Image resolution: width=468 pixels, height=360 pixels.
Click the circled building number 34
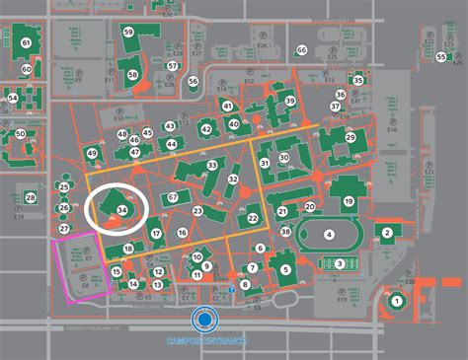[121, 210]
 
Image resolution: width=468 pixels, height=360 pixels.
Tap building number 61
[26, 43]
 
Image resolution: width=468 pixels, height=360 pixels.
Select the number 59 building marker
[128, 33]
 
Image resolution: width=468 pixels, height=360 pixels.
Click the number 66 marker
[301, 50]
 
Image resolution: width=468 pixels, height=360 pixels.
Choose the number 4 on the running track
[329, 234]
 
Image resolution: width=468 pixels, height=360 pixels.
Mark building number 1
[397, 300]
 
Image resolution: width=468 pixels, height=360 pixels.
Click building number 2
[388, 233]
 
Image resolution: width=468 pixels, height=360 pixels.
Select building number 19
[349, 201]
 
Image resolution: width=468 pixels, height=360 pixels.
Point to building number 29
[350, 138]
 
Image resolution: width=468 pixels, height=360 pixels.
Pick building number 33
[212, 165]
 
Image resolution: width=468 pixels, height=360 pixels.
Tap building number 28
[31, 198]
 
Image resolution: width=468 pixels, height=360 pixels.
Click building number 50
[20, 133]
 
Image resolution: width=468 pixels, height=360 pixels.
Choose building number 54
[13, 98]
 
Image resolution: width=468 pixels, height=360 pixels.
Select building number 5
[285, 268]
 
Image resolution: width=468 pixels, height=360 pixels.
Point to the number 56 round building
[194, 82]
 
